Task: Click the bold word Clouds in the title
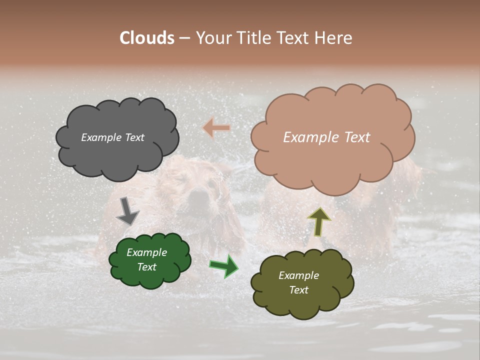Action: click(x=146, y=38)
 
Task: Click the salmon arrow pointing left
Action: click(x=216, y=128)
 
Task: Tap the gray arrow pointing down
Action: click(x=127, y=211)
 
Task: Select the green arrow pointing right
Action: click(x=223, y=266)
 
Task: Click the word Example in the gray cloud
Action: click(x=101, y=137)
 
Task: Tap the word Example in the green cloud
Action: click(x=146, y=252)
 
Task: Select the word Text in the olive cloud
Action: click(x=298, y=290)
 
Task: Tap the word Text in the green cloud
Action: click(x=146, y=267)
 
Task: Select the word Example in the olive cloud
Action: click(x=298, y=275)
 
